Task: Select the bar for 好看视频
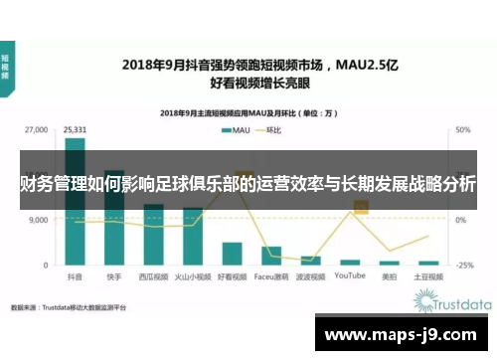tap(232, 255)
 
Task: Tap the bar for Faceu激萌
tap(271, 258)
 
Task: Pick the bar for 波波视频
tap(310, 260)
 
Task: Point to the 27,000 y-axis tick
tap(36, 130)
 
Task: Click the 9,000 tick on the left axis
tap(39, 221)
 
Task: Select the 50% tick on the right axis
tap(462, 130)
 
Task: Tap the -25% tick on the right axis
tap(463, 266)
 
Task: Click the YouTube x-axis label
tap(350, 277)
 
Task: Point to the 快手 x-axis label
tap(114, 277)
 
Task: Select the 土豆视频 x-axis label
tap(429, 277)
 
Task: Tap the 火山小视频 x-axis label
tap(193, 277)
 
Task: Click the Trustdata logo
tap(452, 300)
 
